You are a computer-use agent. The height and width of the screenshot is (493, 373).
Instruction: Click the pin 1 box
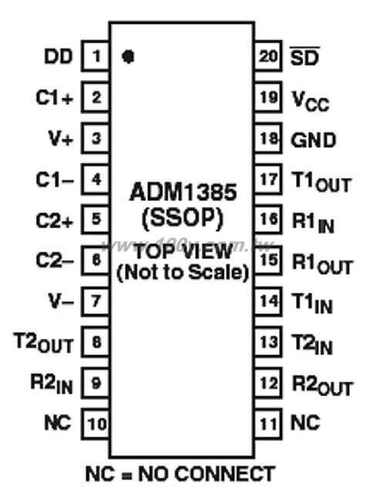point(96,56)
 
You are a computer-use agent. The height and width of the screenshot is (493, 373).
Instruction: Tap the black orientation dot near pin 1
point(128,56)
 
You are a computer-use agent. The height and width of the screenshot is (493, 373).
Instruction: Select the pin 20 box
point(267,56)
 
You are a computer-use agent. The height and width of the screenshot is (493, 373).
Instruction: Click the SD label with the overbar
point(304,56)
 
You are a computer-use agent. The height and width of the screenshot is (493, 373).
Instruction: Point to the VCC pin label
point(311,101)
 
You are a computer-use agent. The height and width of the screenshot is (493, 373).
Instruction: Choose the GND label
point(313,140)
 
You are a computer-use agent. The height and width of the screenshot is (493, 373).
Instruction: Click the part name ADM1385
point(183,192)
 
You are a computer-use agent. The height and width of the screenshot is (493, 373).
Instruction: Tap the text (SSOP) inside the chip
point(183,218)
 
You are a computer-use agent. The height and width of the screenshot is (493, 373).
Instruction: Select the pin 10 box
point(96,424)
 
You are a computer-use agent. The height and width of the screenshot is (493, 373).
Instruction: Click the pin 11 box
point(267,424)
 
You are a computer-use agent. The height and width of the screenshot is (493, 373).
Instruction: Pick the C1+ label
point(55,98)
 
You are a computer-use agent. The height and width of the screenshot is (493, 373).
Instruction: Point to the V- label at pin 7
point(61,301)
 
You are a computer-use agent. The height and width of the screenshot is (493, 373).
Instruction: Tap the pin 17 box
point(267,179)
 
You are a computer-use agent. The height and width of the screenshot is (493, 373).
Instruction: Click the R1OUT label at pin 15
point(322,263)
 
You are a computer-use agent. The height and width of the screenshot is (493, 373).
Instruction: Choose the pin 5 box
point(96,219)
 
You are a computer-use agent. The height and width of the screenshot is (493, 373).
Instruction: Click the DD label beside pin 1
point(59,57)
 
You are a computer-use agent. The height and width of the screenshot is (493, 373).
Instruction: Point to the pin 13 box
point(267,342)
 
